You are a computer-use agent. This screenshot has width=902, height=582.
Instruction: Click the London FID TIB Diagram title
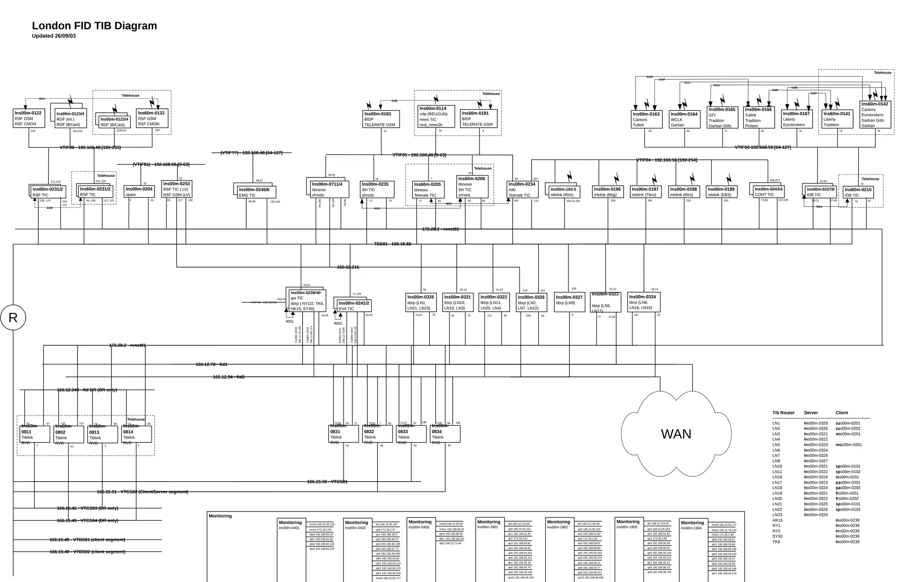(x=94, y=26)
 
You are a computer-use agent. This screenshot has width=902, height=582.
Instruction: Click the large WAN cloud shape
(x=676, y=434)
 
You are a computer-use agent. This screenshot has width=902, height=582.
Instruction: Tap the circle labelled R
(x=13, y=317)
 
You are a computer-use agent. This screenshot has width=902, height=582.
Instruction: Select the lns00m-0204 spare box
(x=139, y=192)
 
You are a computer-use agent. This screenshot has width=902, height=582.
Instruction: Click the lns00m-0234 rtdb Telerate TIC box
(x=522, y=190)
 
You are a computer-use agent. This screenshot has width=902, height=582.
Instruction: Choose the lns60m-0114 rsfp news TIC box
(x=436, y=116)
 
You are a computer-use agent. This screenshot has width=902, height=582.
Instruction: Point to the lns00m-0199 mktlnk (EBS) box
(x=722, y=192)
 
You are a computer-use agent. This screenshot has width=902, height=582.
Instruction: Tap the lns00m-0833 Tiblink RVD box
(x=411, y=434)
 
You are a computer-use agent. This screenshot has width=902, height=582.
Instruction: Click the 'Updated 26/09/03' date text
(x=54, y=36)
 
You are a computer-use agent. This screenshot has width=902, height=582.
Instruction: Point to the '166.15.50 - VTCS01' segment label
(x=327, y=482)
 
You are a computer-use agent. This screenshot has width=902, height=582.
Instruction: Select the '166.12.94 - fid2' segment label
(x=229, y=377)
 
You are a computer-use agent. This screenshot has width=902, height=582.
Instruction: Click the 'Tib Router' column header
(x=783, y=413)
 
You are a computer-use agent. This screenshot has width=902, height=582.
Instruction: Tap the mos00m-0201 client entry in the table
(x=848, y=445)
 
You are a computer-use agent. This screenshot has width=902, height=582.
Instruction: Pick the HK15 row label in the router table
(x=777, y=520)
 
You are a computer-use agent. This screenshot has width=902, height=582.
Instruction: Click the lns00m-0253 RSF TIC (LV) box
(x=177, y=189)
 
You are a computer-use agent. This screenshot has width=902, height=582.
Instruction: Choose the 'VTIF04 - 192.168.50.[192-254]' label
(x=666, y=160)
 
